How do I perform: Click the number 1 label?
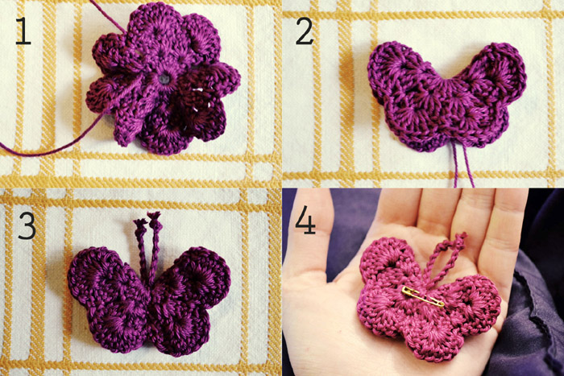coord(23,32)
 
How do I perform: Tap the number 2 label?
coord(305,31)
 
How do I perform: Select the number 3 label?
coord(27,225)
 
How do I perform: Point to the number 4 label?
coord(305,220)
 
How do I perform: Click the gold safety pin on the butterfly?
coord(423,297)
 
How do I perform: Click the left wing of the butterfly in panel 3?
coord(108,299)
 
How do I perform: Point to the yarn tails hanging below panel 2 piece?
coord(462,164)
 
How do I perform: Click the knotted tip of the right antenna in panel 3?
coord(155,219)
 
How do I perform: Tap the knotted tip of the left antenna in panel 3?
coord(140,225)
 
